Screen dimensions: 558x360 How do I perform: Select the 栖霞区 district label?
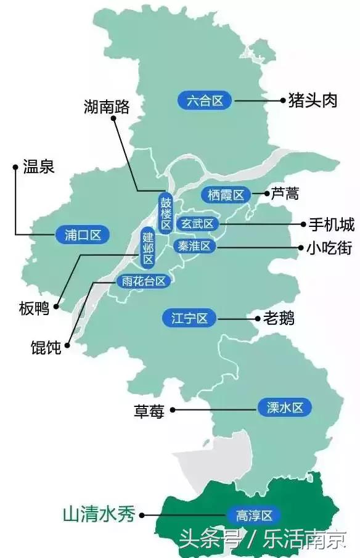(x=227, y=195)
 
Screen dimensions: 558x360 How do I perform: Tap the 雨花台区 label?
(x=143, y=281)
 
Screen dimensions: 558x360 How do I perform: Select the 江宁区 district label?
(x=189, y=319)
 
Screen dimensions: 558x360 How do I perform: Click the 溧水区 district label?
(x=285, y=407)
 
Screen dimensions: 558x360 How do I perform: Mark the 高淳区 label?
(x=250, y=515)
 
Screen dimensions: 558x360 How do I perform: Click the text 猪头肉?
(x=313, y=101)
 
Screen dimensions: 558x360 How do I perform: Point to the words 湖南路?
(x=107, y=107)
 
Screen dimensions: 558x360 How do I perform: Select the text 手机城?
(x=331, y=224)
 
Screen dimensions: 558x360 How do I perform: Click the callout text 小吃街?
(x=330, y=248)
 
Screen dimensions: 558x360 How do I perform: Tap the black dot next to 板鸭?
(x=56, y=306)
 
